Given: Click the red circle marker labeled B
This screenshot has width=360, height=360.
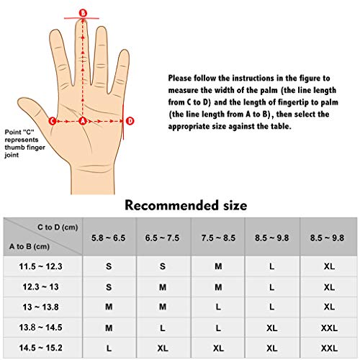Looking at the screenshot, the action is [x=83, y=13].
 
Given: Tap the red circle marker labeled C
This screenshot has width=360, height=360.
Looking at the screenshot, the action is [x=52, y=121].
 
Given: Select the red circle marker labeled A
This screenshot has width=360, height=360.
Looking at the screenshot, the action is [x=83, y=121].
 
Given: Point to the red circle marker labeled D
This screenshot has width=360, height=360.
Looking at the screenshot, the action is [x=130, y=121].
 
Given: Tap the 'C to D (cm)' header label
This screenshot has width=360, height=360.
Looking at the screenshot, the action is [x=58, y=227].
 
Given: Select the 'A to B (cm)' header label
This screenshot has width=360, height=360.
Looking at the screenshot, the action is [x=30, y=246].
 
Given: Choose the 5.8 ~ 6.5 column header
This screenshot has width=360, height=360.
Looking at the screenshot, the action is [x=109, y=238].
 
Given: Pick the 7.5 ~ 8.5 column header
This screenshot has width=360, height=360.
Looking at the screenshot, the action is [x=218, y=238].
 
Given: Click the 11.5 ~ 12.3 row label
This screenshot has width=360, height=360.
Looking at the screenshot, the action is [x=40, y=266].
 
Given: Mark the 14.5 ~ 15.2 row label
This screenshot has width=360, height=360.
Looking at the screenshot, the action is [x=40, y=348].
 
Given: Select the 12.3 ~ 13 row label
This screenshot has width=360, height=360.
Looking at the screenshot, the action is [x=40, y=287].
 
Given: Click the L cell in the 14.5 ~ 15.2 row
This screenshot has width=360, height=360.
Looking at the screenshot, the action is [x=109, y=348].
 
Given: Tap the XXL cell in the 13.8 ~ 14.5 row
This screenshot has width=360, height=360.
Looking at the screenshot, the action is [x=329, y=328].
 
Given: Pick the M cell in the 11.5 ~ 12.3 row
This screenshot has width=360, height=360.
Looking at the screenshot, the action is [x=218, y=266].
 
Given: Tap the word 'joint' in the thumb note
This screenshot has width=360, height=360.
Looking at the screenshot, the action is [x=12, y=155].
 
